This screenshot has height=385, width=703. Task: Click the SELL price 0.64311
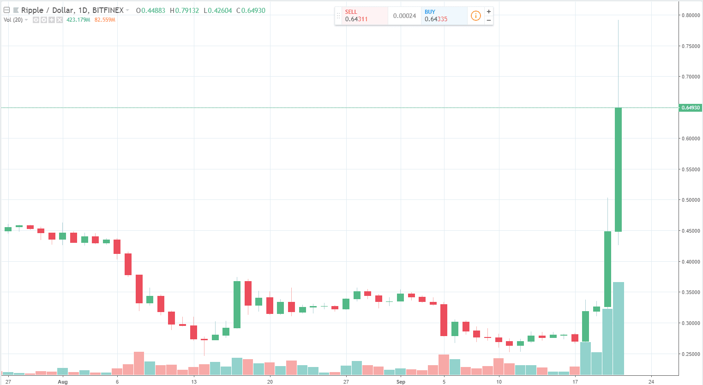356,19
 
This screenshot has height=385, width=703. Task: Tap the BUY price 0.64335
436,19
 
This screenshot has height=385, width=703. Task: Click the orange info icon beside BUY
475,16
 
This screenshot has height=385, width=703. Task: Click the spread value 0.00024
404,16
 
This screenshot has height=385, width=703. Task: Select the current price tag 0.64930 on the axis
691,108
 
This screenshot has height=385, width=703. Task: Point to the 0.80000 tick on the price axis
691,15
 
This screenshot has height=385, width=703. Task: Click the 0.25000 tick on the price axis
691,354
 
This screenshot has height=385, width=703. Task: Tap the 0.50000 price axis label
691,200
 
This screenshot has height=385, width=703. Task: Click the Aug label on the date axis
63,382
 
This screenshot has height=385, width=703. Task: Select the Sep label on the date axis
401,382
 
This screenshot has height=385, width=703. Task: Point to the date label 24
651,382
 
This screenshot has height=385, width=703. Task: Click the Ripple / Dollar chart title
72,10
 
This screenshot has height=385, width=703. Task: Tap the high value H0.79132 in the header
184,10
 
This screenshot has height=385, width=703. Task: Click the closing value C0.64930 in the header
251,10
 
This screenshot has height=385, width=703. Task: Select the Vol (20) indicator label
13,20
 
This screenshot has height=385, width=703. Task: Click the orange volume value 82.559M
105,20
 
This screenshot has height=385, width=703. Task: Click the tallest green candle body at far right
618,169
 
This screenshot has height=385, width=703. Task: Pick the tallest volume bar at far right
618,328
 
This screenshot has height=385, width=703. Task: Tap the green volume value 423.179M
78,20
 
